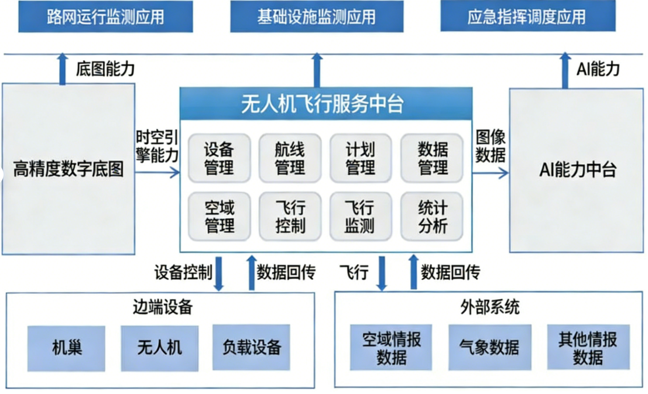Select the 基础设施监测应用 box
[316, 16]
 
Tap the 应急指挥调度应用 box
[527, 16]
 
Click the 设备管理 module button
[220, 159]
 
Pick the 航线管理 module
[290, 159]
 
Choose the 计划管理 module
[361, 159]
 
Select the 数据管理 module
[433, 159]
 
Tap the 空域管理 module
[220, 216]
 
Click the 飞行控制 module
[290, 216]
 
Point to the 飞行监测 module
[361, 216]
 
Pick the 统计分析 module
[433, 216]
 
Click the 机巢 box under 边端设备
[66, 348]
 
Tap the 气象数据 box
[489, 348]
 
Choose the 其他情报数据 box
[588, 348]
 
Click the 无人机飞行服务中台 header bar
[325, 104]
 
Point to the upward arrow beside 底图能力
[63, 68]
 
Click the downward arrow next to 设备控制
[219, 273]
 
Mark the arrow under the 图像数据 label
[491, 172]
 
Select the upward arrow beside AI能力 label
[565, 70]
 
